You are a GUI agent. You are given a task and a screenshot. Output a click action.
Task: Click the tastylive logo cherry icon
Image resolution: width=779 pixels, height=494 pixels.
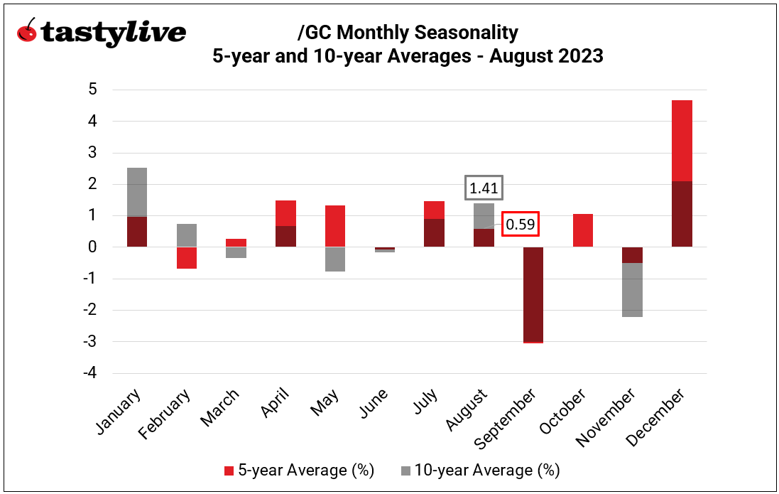point(27,31)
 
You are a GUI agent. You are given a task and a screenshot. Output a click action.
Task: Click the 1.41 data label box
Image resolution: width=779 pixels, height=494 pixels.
point(484,188)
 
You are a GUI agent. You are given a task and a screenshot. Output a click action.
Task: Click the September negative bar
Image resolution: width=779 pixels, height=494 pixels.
point(528,294)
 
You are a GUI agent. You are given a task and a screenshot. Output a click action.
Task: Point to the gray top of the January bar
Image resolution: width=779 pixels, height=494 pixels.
point(137,192)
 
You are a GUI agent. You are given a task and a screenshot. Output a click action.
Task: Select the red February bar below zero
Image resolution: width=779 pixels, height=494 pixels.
point(187,257)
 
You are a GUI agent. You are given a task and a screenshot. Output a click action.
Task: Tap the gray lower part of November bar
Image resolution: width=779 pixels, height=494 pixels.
point(633,290)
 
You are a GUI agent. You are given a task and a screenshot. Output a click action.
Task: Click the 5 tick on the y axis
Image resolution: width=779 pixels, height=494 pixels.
point(93,90)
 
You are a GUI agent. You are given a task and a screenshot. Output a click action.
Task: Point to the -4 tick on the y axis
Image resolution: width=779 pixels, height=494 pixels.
point(90,373)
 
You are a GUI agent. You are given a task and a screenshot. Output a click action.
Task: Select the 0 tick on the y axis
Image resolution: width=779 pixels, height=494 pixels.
point(93,247)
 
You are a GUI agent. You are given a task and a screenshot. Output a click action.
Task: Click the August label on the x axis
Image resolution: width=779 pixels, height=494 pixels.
point(467,411)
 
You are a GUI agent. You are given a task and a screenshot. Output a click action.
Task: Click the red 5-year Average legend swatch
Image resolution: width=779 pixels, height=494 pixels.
point(229,471)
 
